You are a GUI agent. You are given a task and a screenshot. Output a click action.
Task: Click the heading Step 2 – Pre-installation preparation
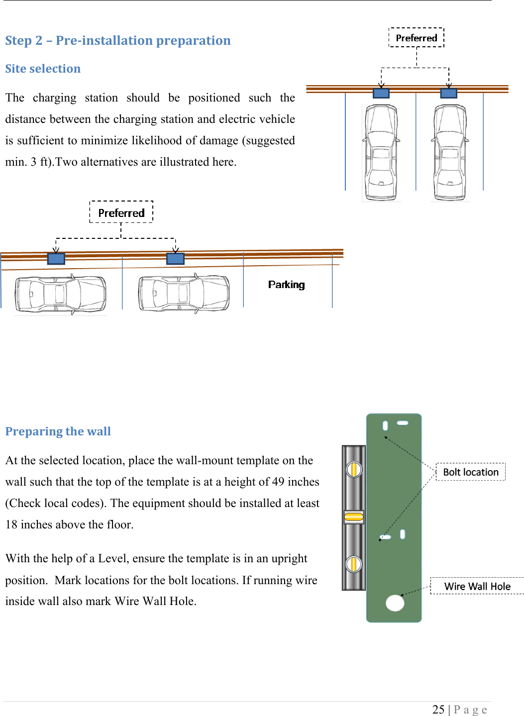point(117,40)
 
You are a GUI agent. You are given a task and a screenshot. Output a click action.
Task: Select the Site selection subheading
point(43,69)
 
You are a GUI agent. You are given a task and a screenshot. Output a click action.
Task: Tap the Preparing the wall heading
point(58,431)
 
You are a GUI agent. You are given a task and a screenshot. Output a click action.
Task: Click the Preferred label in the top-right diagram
point(417,38)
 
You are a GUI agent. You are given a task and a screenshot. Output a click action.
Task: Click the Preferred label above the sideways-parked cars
point(121,213)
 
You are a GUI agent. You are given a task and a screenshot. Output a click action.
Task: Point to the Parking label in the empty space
point(286,285)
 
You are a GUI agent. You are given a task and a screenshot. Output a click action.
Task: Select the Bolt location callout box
point(470,472)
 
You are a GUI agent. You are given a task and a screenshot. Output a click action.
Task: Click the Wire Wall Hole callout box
point(477,586)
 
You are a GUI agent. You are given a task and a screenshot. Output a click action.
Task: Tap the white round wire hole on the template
point(395,603)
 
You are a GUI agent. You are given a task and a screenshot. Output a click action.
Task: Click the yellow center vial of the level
point(354,517)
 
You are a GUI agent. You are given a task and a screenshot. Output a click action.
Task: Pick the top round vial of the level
point(354,469)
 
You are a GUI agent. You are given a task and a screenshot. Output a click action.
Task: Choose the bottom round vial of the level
point(354,564)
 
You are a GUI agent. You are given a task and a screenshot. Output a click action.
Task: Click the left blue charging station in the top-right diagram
point(381,93)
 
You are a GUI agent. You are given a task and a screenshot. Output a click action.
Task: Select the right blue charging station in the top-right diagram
point(449,93)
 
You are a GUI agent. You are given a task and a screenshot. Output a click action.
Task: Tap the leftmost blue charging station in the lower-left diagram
point(56,259)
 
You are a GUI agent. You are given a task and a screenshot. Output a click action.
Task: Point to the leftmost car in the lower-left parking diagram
point(60,294)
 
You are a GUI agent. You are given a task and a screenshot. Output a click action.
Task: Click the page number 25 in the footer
point(438,710)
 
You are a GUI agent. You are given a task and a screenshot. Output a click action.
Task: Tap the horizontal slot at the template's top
point(403,423)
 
